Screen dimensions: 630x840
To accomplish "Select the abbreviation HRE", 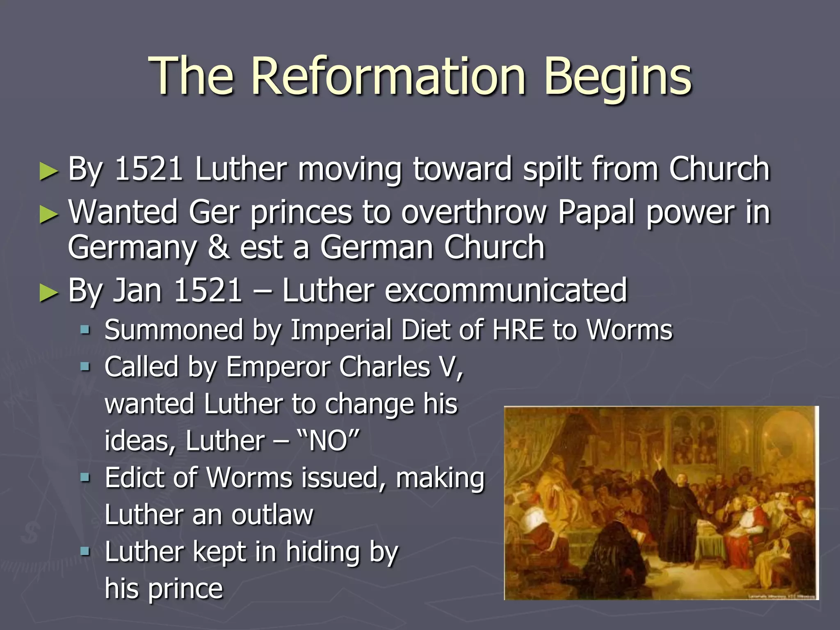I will coord(518,329).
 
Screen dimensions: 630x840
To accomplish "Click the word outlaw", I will coord(272,514).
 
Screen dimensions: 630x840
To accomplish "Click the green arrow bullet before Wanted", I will coord(49,214).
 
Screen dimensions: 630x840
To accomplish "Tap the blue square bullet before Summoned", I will coord(85,329).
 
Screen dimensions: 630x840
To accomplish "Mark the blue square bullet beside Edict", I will coord(85,477).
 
